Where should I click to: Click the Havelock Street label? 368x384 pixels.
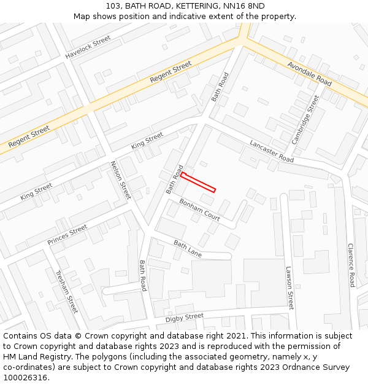[x=88, y=47]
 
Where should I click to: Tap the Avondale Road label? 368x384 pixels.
[x=309, y=74]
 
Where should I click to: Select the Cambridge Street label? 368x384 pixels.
[x=305, y=119]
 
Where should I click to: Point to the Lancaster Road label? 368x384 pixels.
[x=272, y=151]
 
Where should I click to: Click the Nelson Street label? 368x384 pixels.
[x=120, y=180]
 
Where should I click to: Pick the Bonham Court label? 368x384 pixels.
[x=200, y=210]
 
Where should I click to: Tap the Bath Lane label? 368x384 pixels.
[x=187, y=249]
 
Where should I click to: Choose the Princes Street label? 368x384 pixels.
[x=67, y=235]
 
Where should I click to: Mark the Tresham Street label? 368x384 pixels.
[x=67, y=291]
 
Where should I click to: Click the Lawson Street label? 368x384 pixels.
[x=289, y=288]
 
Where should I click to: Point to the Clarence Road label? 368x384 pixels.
[x=351, y=265]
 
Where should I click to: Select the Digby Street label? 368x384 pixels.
[x=184, y=318]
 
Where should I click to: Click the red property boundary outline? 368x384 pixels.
[x=198, y=182]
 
